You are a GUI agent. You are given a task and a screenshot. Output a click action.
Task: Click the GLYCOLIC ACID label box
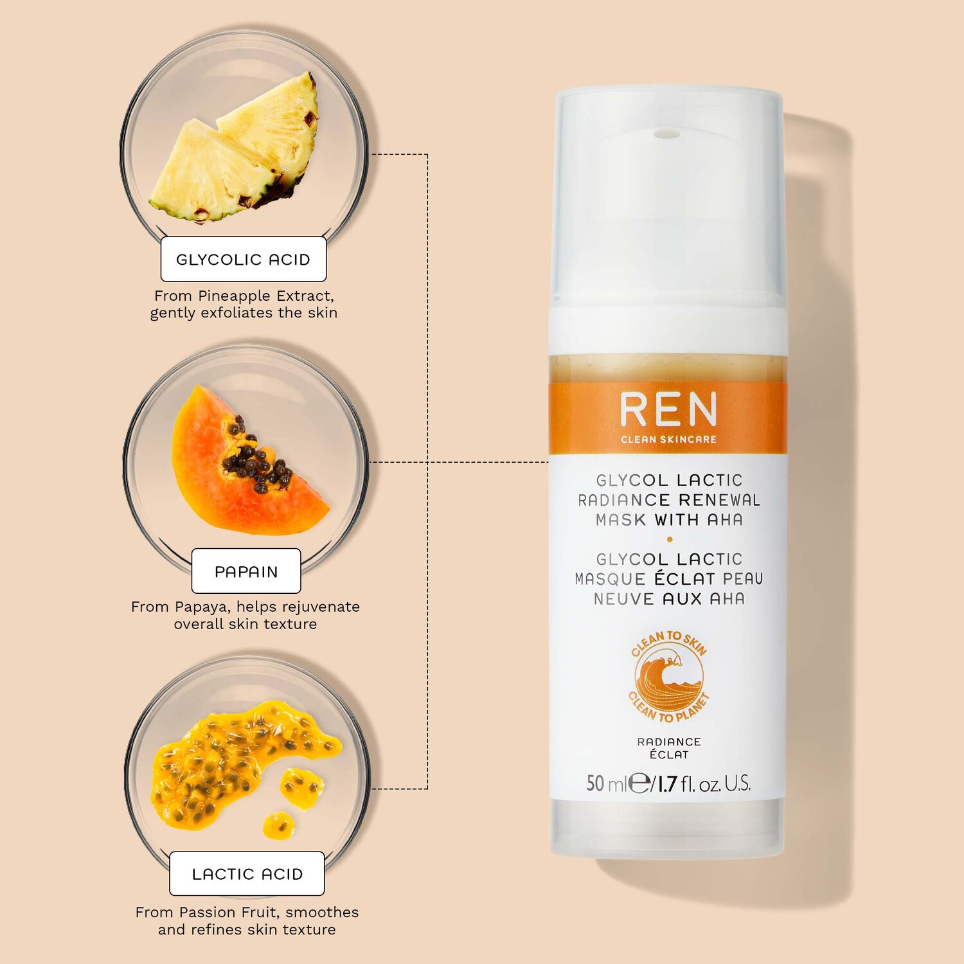(x=244, y=259)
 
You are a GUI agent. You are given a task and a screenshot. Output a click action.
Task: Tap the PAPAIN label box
(x=246, y=571)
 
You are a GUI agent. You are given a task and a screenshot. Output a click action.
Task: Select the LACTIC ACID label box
(x=247, y=873)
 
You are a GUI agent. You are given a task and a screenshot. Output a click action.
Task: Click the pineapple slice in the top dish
(x=235, y=148)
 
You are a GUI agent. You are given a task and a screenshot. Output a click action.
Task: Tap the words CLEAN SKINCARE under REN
(x=668, y=440)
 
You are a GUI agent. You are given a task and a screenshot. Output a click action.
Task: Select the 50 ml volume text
(x=606, y=783)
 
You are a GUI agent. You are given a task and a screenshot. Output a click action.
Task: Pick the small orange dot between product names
(x=670, y=539)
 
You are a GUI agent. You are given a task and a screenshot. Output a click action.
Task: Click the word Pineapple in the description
(x=234, y=296)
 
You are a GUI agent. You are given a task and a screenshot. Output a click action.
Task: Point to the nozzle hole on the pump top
(x=662, y=134)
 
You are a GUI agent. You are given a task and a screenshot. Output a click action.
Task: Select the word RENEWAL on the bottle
(x=719, y=500)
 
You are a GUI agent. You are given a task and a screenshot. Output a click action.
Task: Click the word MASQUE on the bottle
(x=610, y=579)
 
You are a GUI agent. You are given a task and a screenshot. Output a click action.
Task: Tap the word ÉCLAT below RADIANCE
(x=669, y=754)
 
